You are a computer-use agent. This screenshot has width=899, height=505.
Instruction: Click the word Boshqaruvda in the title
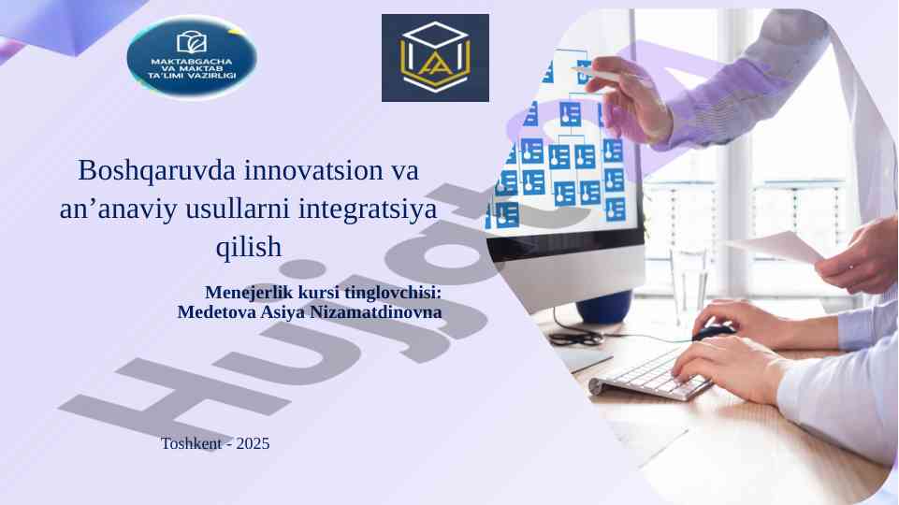click(x=156, y=171)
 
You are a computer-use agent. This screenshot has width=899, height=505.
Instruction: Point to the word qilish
click(x=249, y=247)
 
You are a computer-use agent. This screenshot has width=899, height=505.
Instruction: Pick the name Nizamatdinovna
click(x=376, y=312)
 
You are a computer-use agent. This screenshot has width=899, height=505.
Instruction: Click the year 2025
click(x=253, y=443)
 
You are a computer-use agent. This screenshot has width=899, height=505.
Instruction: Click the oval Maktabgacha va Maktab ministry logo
click(x=192, y=57)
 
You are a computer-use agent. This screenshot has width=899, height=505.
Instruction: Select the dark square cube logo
click(x=435, y=58)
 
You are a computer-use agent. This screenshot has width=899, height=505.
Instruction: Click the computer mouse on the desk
click(x=713, y=332)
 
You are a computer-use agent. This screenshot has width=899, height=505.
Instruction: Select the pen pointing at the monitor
click(x=611, y=77)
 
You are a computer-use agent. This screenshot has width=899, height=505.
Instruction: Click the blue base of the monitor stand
click(x=604, y=308)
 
